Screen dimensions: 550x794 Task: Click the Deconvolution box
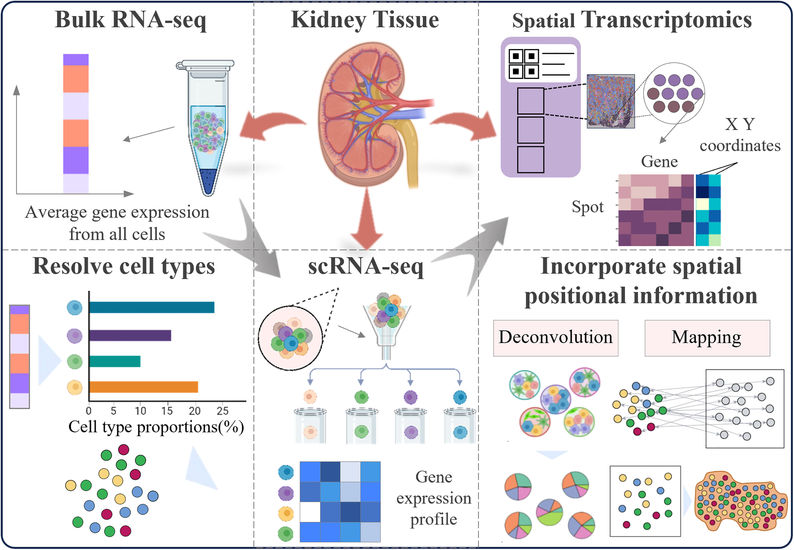555,338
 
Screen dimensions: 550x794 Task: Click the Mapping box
707,338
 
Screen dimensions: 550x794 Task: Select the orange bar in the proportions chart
144,387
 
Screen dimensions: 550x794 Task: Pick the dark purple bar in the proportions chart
130,335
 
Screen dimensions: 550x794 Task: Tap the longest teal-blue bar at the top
152,307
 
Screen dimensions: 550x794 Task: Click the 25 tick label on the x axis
222,410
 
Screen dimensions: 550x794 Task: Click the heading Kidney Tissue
364,20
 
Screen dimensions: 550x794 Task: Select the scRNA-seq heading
366,266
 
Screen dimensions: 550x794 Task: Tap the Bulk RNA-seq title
131,20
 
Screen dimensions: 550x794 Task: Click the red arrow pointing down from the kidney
367,220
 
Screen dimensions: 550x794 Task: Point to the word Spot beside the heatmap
587,207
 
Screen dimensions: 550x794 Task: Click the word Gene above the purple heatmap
659,161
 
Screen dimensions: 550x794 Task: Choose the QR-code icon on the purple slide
524,64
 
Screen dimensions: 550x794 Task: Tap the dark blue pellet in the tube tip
208,181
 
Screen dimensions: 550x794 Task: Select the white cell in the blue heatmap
310,512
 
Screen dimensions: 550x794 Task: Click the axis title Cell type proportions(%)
156,427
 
